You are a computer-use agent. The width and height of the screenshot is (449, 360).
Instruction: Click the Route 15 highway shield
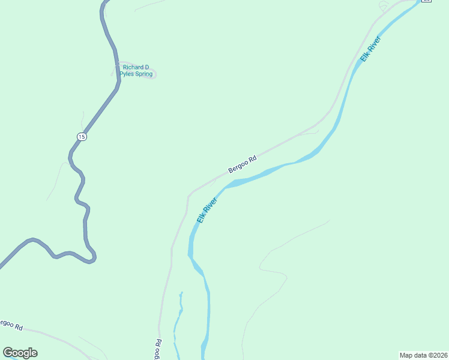click(82, 137)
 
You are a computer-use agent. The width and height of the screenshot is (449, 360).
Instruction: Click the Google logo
click(20, 353)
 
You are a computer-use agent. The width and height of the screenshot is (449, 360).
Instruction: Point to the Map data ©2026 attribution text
click(423, 355)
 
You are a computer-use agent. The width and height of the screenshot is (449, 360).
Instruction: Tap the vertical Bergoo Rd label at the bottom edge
click(158, 350)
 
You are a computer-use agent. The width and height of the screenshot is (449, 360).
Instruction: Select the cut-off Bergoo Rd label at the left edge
click(11, 325)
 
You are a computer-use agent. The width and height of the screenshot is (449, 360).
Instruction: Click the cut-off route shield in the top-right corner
click(426, 1)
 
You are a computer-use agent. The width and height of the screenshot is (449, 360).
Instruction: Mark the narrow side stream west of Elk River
click(178, 318)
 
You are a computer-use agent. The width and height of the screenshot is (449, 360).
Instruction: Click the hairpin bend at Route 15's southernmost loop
click(92, 259)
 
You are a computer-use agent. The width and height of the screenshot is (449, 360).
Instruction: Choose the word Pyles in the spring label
click(128, 74)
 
